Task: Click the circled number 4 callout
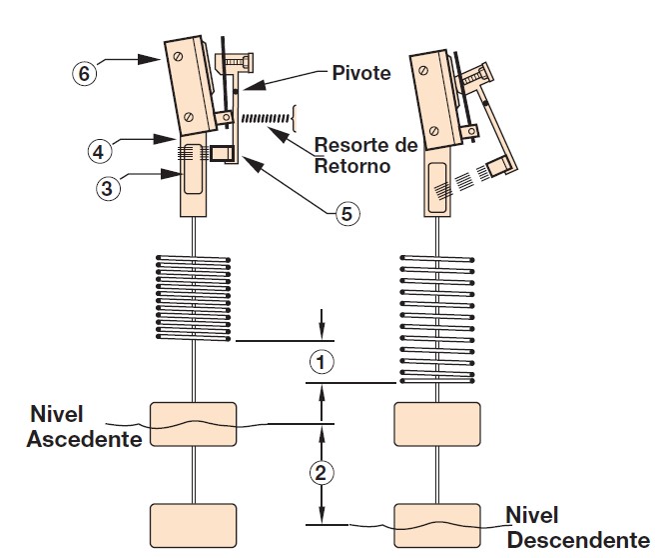point(98,152)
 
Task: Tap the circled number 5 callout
point(344,212)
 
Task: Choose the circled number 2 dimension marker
point(321,473)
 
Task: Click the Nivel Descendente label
point(577,528)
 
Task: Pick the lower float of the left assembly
point(193,526)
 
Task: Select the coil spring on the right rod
point(439,320)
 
